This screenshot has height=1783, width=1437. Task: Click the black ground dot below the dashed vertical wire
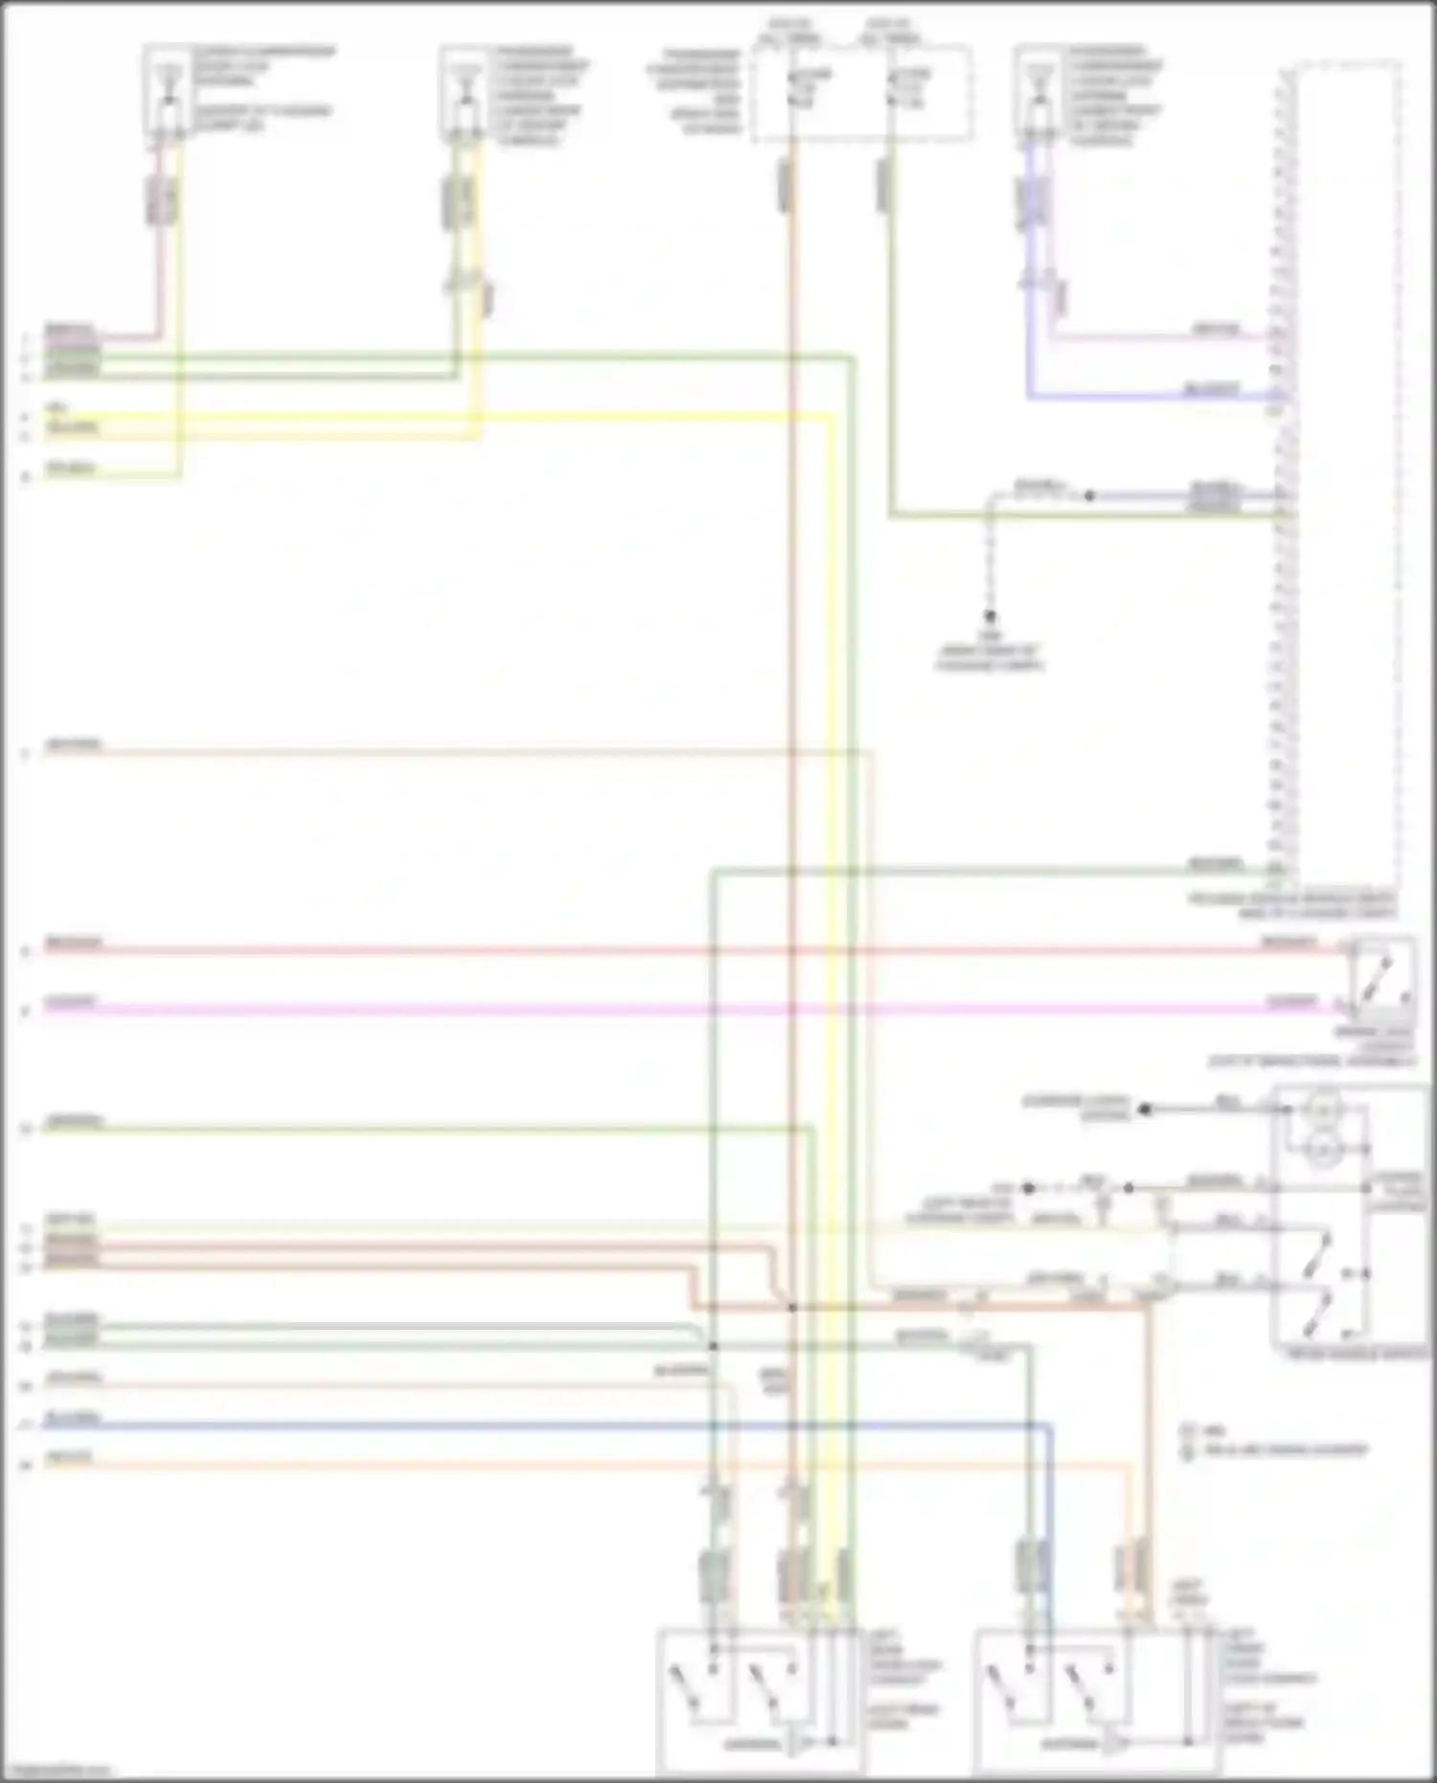pos(991,616)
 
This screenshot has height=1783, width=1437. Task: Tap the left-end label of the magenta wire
pos(71,1002)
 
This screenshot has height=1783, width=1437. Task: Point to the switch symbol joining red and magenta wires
pos(1381,977)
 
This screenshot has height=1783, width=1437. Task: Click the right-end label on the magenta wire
pos(1290,1002)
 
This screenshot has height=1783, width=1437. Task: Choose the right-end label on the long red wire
pos(1289,944)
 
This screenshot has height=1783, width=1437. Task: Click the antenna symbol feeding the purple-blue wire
pos(1034,84)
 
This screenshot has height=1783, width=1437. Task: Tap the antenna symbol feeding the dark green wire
pos(467,84)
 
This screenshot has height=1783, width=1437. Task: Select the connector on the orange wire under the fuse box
pos(786,185)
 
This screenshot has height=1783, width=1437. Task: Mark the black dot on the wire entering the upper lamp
pos(1145,1109)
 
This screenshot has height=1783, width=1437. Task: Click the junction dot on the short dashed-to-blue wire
pos(1089,496)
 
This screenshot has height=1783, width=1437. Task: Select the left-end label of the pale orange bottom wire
pos(71,1458)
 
